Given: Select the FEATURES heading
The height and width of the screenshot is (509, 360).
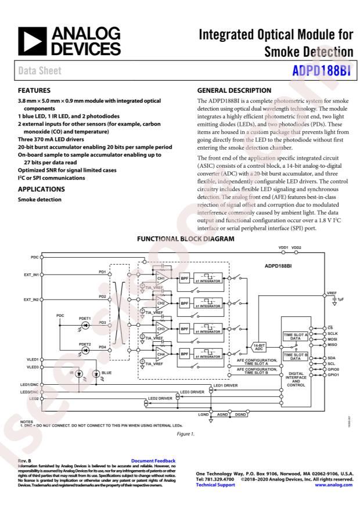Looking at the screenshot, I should pos(35,91).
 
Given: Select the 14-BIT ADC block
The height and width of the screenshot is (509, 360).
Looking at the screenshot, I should pos(259,346).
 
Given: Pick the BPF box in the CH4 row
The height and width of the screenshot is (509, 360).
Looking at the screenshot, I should pos(185,353).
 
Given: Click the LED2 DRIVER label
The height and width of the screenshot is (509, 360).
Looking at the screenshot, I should pos(160,399).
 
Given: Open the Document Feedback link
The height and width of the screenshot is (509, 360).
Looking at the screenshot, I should pos(153,461).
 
